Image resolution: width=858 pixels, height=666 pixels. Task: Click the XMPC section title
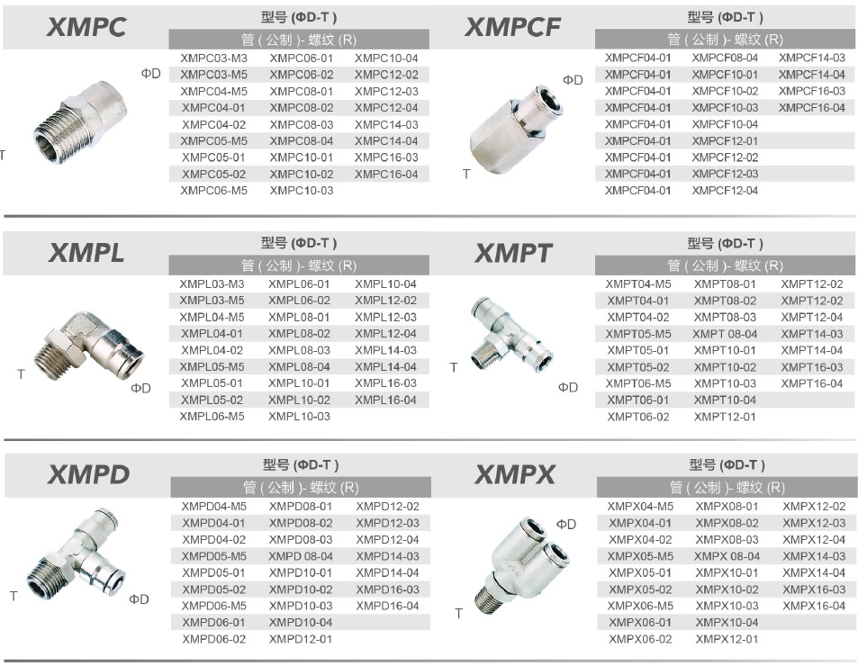pyautogui.click(x=86, y=27)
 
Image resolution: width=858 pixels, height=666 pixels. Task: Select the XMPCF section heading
pyautogui.click(x=512, y=27)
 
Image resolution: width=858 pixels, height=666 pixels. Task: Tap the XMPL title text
pyautogui.click(x=86, y=253)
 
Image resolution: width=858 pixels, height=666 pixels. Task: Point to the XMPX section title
pyautogui.click(x=514, y=474)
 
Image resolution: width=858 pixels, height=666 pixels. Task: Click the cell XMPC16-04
pyautogui.click(x=385, y=174)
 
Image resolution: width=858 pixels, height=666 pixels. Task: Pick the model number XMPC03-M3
pyautogui.click(x=213, y=58)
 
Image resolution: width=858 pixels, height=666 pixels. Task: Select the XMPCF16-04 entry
pyautogui.click(x=811, y=108)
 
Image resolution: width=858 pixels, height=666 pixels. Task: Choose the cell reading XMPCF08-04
pyautogui.click(x=725, y=58)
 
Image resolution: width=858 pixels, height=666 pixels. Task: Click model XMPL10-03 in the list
pyautogui.click(x=299, y=416)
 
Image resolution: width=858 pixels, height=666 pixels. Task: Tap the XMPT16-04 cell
pyautogui.click(x=811, y=383)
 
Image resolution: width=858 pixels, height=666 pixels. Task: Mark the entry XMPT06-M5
pyautogui.click(x=638, y=383)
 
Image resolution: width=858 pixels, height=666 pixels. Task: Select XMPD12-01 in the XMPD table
pyautogui.click(x=301, y=639)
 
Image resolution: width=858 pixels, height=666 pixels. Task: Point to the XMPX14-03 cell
pyautogui.click(x=814, y=556)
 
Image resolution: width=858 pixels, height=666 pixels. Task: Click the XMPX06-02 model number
pyautogui.click(x=639, y=639)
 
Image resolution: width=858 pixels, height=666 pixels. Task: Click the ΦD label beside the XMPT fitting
pyautogui.click(x=568, y=387)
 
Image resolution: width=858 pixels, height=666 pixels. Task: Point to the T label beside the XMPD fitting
pyautogui.click(x=14, y=596)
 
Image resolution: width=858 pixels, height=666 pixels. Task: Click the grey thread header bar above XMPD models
pyautogui.click(x=301, y=487)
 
